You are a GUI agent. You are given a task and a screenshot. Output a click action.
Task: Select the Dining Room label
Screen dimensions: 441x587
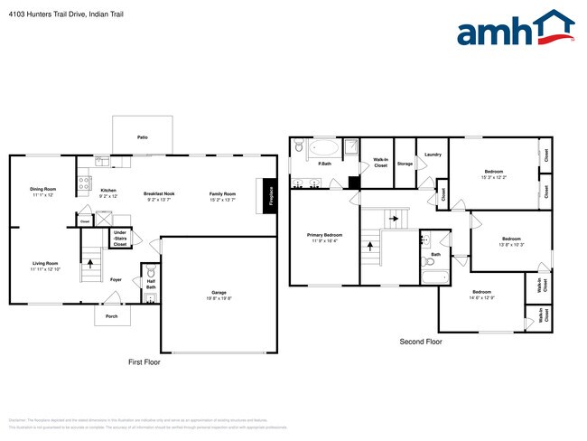click(43, 189)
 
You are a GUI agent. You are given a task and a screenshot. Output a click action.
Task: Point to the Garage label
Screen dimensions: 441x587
click(219, 293)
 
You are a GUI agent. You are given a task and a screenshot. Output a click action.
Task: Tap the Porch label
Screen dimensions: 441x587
click(111, 315)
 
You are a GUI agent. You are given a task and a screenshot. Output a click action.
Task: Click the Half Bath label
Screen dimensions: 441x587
click(151, 285)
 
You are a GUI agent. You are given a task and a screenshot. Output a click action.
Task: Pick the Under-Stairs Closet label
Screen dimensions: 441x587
click(120, 239)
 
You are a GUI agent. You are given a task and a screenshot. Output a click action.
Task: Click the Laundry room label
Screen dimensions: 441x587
click(432, 155)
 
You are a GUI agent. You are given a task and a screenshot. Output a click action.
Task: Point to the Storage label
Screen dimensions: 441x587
click(404, 164)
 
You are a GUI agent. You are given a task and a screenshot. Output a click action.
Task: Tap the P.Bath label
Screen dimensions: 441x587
click(323, 164)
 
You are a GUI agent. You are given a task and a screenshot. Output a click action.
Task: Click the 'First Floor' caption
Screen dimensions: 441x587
click(144, 361)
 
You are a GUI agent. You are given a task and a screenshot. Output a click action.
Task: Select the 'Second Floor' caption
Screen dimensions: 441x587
click(421, 342)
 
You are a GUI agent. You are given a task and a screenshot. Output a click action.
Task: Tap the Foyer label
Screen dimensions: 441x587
click(116, 279)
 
